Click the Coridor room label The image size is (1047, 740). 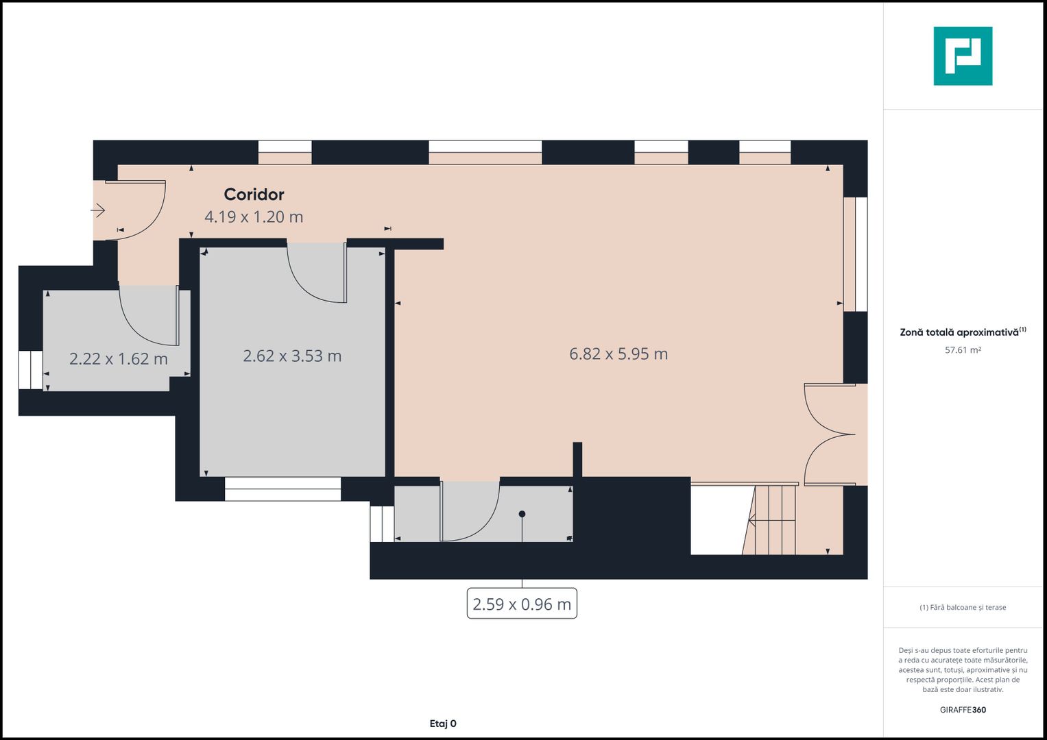pyautogui.click(x=254, y=195)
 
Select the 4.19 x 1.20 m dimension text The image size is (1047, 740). pyautogui.click(x=254, y=217)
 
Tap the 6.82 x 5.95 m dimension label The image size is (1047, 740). pyautogui.click(x=618, y=354)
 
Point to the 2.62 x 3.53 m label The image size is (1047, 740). pyautogui.click(x=292, y=356)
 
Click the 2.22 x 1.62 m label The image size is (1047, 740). pyautogui.click(x=119, y=359)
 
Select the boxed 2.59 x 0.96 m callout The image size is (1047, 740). pyautogui.click(x=522, y=604)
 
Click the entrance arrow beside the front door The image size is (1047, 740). pyautogui.click(x=98, y=210)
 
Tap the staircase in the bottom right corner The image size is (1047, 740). pyautogui.click(x=775, y=520)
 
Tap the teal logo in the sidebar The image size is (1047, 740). pyautogui.click(x=963, y=56)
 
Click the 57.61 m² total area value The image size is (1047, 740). pyautogui.click(x=963, y=350)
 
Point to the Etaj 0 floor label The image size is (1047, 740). pyautogui.click(x=443, y=724)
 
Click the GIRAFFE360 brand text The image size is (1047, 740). pyautogui.click(x=963, y=710)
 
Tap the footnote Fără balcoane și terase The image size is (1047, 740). pyautogui.click(x=963, y=608)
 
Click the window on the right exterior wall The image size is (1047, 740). pyautogui.click(x=855, y=254)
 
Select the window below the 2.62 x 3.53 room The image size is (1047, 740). pyautogui.click(x=282, y=489)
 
